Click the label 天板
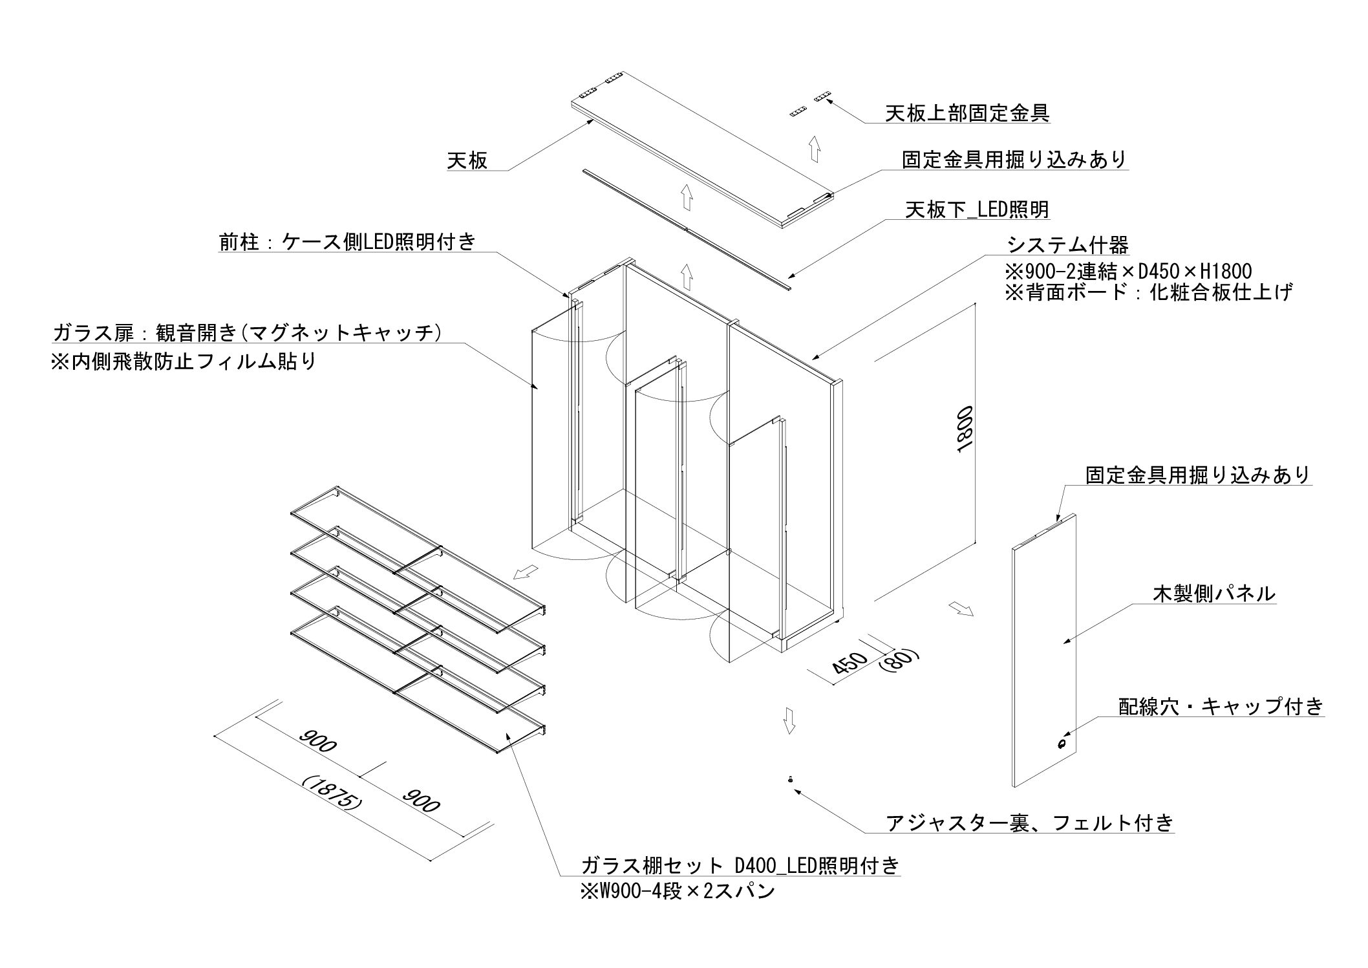467,160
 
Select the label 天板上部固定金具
967,113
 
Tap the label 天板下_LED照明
977,210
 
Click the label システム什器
1067,245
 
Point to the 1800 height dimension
963,430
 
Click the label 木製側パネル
1214,593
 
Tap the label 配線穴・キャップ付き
1221,706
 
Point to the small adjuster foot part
791,780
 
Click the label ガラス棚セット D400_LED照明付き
740,865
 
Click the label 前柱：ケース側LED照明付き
347,241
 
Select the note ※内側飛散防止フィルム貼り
184,360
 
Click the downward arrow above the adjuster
788,720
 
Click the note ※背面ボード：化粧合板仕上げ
1148,292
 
